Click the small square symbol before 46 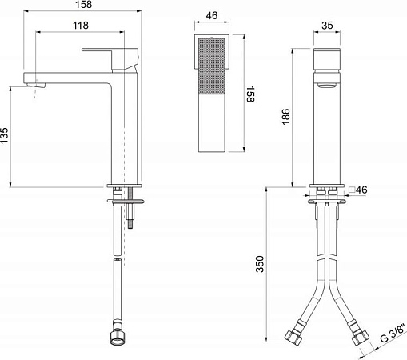click(350, 189)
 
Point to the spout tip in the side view click(32, 83)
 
